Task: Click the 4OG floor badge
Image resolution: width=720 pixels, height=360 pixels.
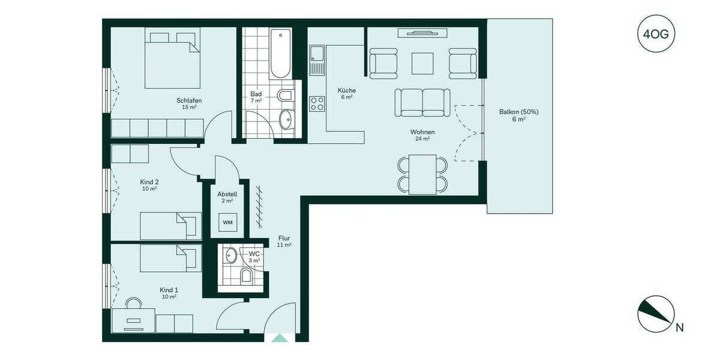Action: pos(655,34)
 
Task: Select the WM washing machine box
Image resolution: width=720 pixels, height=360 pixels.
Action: pos(227,223)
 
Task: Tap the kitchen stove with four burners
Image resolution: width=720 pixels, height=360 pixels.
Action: pos(317,104)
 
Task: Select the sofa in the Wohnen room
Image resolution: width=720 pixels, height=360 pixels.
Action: pos(422,102)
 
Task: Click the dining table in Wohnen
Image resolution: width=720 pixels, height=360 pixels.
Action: pos(422,174)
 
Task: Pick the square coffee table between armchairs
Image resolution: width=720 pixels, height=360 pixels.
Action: pos(423,63)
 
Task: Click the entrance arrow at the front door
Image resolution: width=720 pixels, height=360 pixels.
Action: pos(280,338)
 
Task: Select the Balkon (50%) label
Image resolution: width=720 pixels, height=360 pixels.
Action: pos(519,112)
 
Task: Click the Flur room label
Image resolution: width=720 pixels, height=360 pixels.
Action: pos(284,238)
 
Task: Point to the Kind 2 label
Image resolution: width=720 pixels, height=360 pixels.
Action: pos(149,182)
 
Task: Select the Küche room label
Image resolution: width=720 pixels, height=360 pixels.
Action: pos(346,90)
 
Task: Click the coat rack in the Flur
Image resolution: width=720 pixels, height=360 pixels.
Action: pos(259,207)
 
